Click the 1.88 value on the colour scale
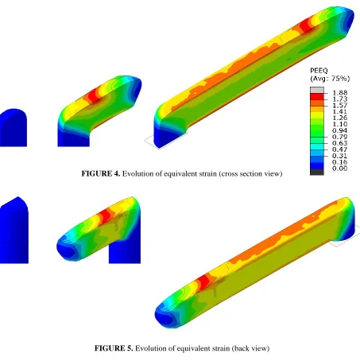pyautogui.click(x=339, y=93)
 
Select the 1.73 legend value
pyautogui.click(x=339, y=99)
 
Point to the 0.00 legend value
pyautogui.click(x=339, y=169)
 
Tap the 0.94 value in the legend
pyautogui.click(x=339, y=130)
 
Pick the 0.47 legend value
pyautogui.click(x=339, y=149)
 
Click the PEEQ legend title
pyautogui.click(x=319, y=71)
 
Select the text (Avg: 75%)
pyautogui.click(x=330, y=79)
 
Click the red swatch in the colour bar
pyautogui.click(x=317, y=96)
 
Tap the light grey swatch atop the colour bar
pyautogui.click(x=317, y=90)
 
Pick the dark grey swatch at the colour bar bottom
pyautogui.click(x=317, y=172)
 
